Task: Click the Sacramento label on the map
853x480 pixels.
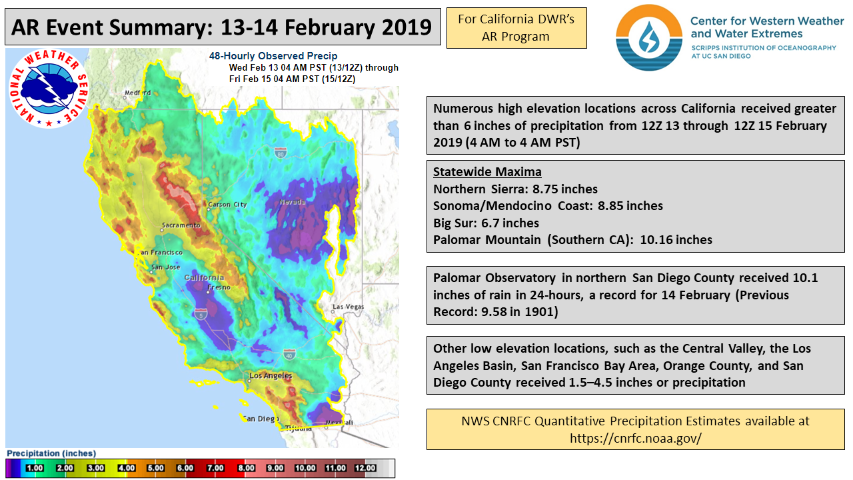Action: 181,225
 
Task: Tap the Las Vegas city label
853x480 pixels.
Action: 348,307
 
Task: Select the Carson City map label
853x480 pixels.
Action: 227,205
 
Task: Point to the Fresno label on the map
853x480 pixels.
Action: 219,287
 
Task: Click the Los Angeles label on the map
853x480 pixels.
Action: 271,375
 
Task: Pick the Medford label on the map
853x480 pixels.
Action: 138,93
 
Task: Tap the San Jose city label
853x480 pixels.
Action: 166,267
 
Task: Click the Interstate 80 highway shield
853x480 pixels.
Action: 281,153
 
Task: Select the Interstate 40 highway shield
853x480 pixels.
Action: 289,354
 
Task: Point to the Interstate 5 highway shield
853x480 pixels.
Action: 201,314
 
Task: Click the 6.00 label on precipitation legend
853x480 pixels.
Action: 185,468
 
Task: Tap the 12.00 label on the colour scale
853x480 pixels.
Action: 365,468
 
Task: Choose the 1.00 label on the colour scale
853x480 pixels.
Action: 34,468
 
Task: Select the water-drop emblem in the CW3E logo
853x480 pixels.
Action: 649,37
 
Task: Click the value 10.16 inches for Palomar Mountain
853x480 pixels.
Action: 676,239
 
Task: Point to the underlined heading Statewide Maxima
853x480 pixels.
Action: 487,172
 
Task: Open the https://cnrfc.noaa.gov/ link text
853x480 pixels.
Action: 636,438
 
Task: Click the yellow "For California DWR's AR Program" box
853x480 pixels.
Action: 516,28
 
